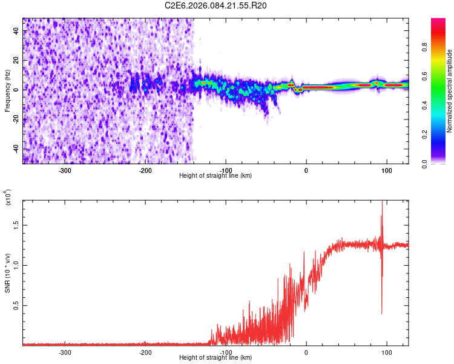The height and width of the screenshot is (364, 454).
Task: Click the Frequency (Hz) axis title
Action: click(x=7, y=91)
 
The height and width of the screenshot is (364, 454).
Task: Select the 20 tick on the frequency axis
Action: click(x=16, y=60)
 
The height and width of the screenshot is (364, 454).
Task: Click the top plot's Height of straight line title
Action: click(x=215, y=176)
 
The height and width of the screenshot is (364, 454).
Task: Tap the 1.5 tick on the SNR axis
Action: click(x=16, y=224)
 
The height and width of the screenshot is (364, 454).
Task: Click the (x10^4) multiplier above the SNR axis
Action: click(x=8, y=197)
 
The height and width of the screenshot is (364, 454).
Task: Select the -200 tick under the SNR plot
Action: click(x=145, y=352)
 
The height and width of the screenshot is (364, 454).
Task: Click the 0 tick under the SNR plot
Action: click(x=306, y=352)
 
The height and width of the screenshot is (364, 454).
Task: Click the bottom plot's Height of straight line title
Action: click(x=215, y=358)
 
